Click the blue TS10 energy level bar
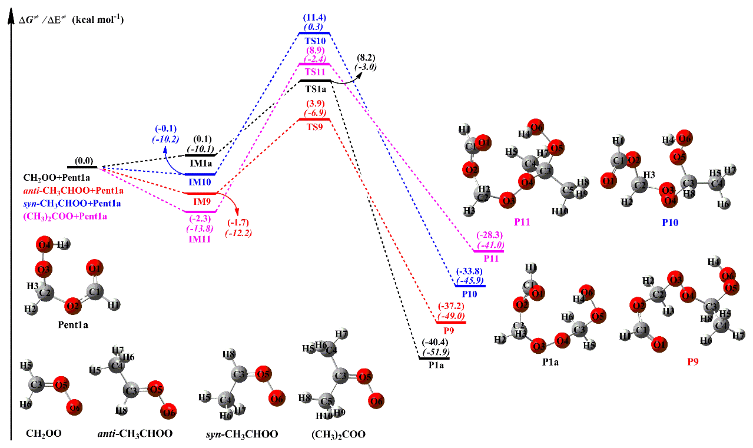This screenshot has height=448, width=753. (314, 34)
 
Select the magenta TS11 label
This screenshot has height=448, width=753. (315, 72)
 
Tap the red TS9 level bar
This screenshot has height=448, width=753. (314, 120)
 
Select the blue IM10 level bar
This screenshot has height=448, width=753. (200, 174)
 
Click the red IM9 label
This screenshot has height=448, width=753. (202, 201)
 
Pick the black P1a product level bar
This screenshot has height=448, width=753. (434, 358)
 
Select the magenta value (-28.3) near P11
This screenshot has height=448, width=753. (488, 235)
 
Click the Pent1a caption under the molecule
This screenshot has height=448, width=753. (74, 324)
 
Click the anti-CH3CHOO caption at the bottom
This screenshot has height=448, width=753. (135, 434)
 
